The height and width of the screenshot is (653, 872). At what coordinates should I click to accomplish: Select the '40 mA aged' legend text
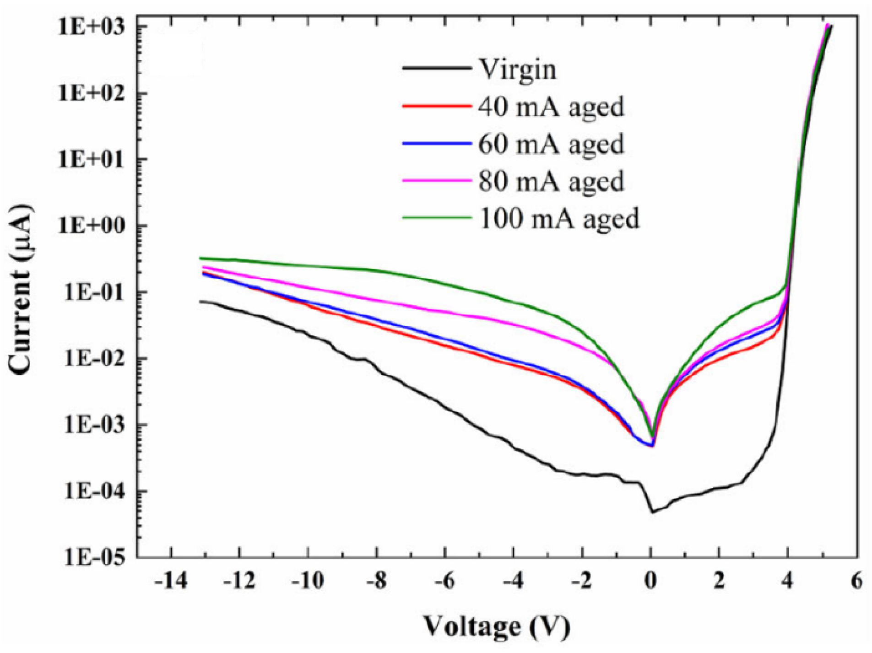pyautogui.click(x=551, y=107)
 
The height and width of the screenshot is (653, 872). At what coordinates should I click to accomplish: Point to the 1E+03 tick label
pyautogui.click(x=91, y=27)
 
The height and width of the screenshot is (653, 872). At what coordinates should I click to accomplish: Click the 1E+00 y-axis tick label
pyautogui.click(x=91, y=226)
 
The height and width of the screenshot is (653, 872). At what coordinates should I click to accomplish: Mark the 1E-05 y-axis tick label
pyautogui.click(x=94, y=558)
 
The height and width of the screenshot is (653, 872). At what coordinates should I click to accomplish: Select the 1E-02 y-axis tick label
pyautogui.click(x=94, y=359)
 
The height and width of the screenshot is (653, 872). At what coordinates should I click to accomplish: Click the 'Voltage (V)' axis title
pyautogui.click(x=496, y=626)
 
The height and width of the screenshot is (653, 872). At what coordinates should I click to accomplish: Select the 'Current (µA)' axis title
pyautogui.click(x=21, y=289)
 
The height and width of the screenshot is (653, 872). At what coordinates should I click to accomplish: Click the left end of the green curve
pyautogui.click(x=200, y=259)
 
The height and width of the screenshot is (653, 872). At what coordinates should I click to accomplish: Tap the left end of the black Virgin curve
pyautogui.click(x=200, y=301)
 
